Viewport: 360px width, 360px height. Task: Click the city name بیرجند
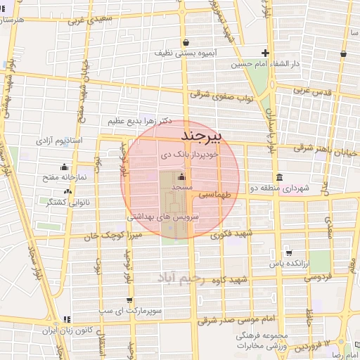click(202, 134)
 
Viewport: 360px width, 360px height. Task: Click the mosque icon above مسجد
click(182, 176)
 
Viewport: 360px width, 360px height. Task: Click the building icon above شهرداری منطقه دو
click(280, 176)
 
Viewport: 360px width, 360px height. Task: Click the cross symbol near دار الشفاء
click(265, 53)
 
